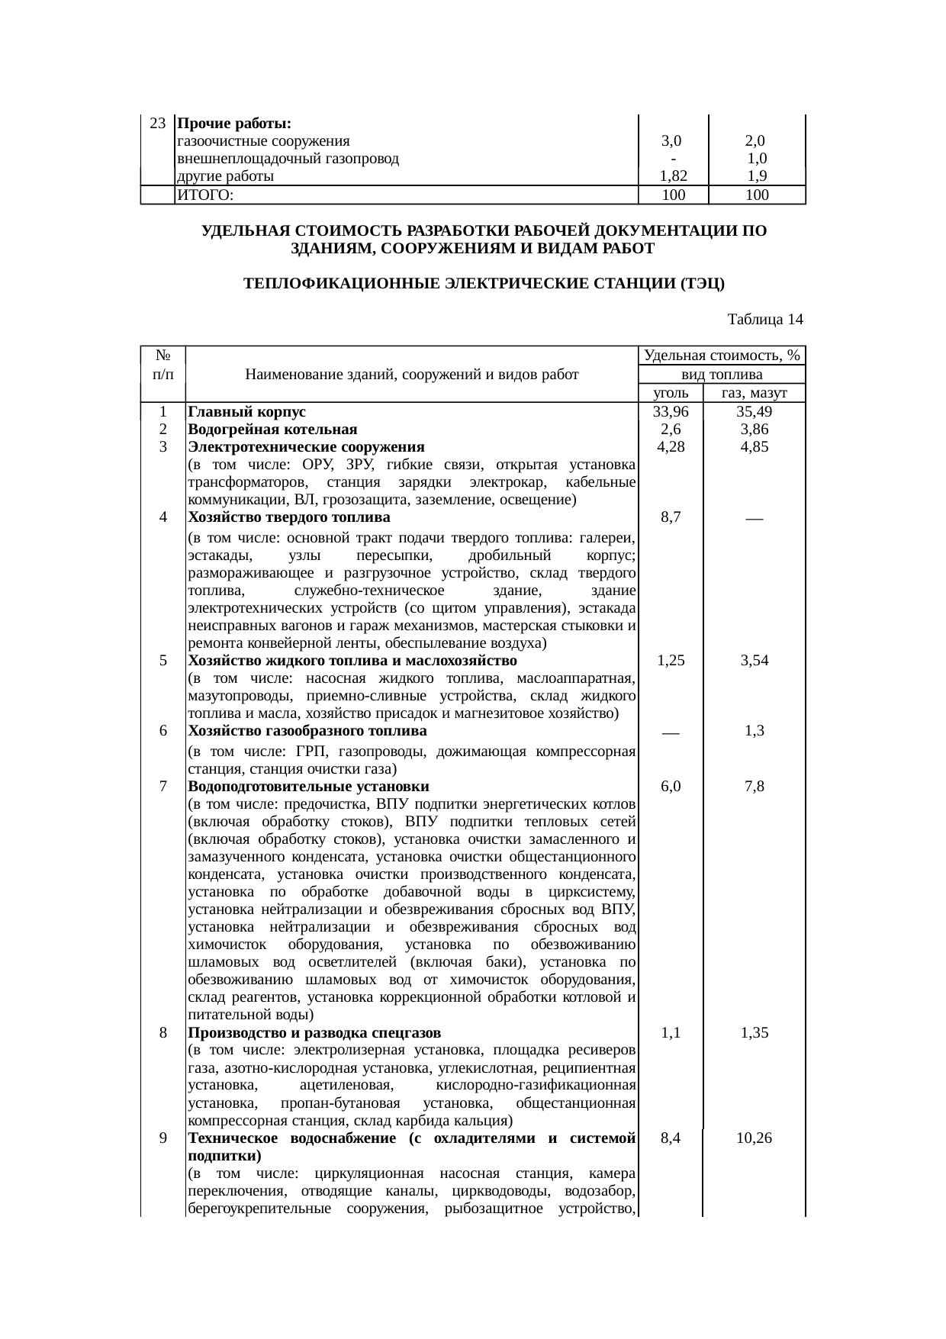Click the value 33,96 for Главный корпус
671,412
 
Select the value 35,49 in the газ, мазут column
754,412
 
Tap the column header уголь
671,394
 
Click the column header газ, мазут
754,394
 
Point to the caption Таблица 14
765,319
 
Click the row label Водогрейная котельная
272,430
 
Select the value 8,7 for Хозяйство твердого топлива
671,517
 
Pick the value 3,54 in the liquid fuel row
754,661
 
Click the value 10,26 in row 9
754,1138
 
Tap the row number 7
163,787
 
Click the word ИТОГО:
204,195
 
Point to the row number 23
158,124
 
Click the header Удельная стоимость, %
722,356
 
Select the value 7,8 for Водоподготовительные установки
754,787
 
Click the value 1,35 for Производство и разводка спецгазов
754,1034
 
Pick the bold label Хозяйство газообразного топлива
307,731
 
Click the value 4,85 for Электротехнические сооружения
754,447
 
